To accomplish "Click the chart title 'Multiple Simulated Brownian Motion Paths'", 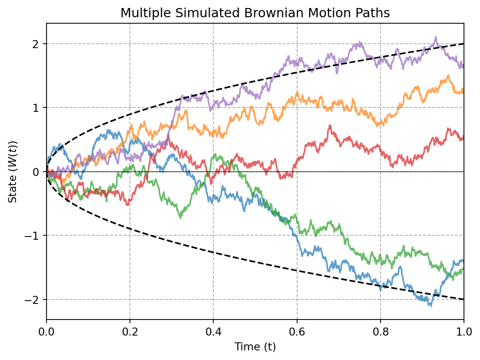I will pyautogui.click(x=255, y=13).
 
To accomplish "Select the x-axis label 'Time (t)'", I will pyautogui.click(x=255, y=347).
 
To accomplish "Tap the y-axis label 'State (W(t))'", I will pyautogui.click(x=14, y=172).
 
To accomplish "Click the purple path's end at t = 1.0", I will pyautogui.click(x=463, y=67).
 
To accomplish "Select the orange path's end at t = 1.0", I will pyautogui.click(x=463, y=92).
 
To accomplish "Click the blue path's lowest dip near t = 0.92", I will pyautogui.click(x=431, y=306).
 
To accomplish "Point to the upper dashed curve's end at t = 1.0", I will pyautogui.click(x=464, y=44).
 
